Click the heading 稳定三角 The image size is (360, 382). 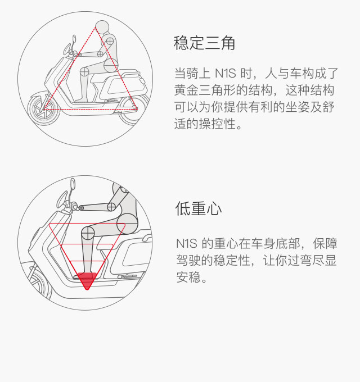point(204,43)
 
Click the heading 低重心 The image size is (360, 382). point(199,208)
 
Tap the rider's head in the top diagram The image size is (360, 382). point(102,28)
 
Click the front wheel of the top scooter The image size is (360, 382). point(43,110)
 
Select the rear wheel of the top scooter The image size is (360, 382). point(133,110)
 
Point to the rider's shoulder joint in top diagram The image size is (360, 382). point(110,40)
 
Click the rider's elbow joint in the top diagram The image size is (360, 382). point(100,54)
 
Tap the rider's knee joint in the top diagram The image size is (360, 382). point(84,72)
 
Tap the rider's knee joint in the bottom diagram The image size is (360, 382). point(88,233)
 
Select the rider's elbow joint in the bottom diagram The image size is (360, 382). point(111,207)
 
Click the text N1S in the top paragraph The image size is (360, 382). point(226,74)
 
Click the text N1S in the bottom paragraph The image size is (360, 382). point(187,243)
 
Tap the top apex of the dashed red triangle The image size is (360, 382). point(96,28)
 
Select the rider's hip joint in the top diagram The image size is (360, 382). point(111,65)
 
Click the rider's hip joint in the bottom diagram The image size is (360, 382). point(127,224)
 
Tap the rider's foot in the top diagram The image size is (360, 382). point(82,100)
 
